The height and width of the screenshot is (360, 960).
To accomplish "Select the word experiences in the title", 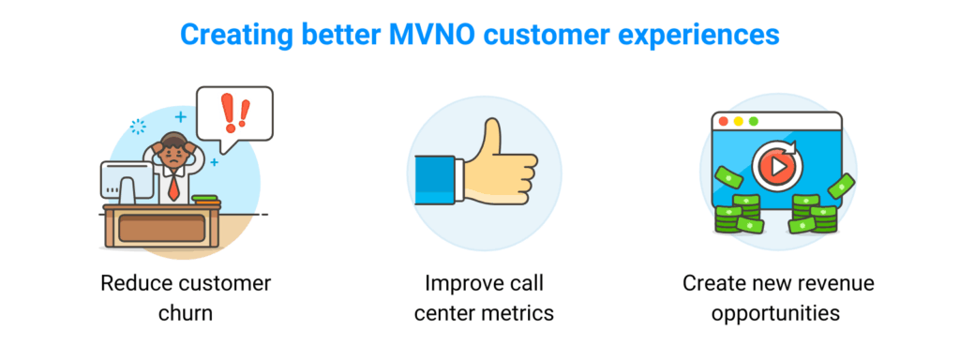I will (691, 35).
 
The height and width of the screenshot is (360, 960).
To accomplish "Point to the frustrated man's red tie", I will (174, 186).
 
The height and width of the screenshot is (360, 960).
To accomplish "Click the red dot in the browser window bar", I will (721, 121).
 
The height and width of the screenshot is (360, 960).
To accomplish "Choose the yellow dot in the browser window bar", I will (737, 121).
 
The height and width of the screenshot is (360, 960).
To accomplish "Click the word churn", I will (184, 312).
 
